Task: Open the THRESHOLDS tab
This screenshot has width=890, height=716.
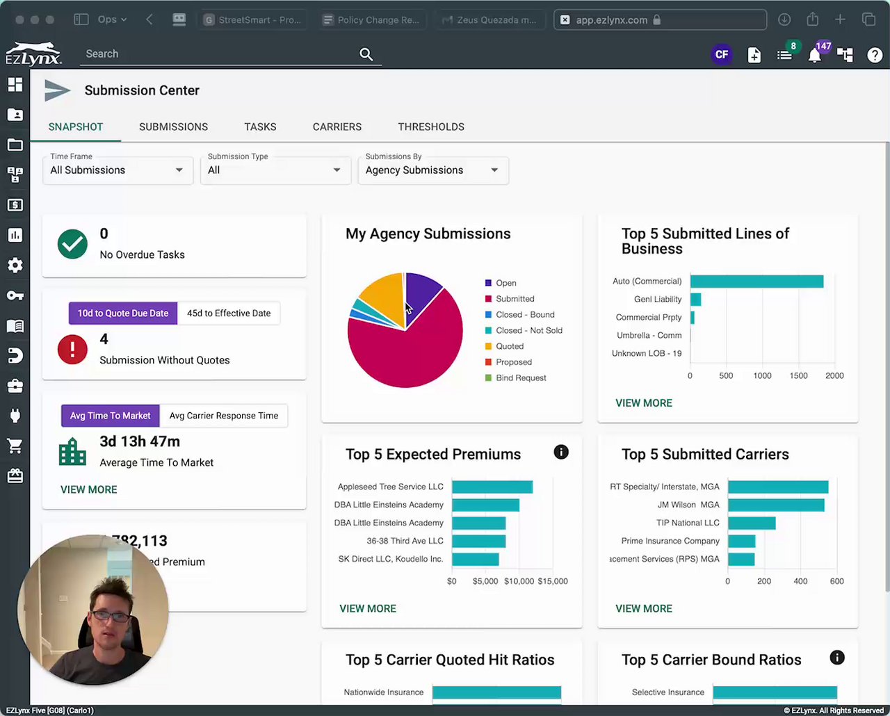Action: coord(431,127)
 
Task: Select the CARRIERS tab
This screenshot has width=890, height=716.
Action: coord(337,127)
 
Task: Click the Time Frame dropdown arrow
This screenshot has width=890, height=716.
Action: coord(179,170)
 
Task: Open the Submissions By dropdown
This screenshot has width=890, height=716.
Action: coord(432,170)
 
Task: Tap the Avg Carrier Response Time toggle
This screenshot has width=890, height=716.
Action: coord(223,416)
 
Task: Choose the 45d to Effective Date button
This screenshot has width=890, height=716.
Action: coord(229,314)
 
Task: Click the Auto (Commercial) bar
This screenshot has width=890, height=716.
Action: coord(756,282)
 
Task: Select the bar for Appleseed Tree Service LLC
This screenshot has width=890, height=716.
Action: coord(492,487)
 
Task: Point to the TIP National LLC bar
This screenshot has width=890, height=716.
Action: coord(752,523)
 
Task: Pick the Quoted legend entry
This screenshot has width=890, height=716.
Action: coord(509,346)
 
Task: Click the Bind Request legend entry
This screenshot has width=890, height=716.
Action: coord(520,378)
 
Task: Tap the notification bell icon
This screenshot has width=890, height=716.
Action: coord(815,56)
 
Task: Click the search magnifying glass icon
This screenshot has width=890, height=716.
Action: coord(366,54)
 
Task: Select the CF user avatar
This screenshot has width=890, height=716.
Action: coord(722,54)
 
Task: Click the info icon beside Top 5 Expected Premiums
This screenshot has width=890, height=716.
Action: coord(561,453)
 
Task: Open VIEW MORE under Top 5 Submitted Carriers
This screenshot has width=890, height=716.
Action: coord(644,609)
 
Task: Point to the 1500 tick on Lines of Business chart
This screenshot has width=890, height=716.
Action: coord(798,376)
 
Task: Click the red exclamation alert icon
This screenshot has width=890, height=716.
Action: coord(72,350)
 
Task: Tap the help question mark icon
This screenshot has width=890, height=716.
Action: coord(875,55)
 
